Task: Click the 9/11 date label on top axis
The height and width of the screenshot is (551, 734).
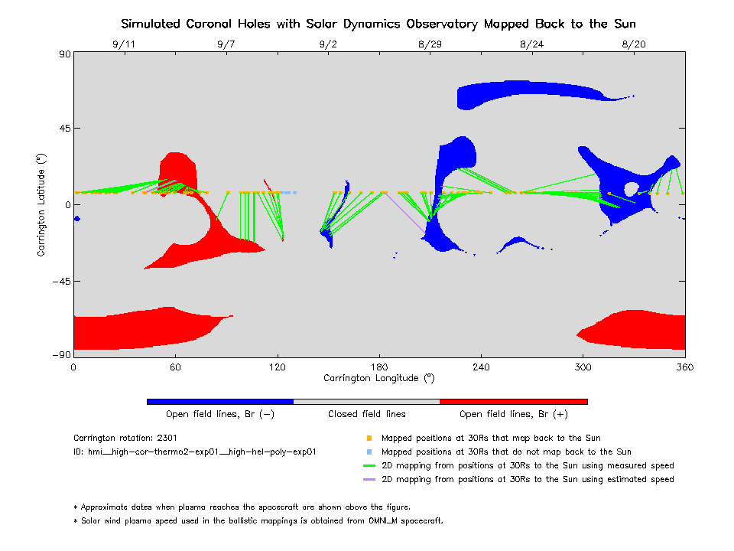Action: click(x=123, y=44)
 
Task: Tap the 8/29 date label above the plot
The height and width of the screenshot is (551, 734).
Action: click(x=430, y=44)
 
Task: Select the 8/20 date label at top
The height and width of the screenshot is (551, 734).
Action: click(x=634, y=44)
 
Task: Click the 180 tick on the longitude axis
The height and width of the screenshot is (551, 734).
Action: click(x=379, y=367)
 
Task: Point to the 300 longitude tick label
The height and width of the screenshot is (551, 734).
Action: click(x=583, y=367)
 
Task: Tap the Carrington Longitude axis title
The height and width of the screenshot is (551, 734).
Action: click(x=379, y=378)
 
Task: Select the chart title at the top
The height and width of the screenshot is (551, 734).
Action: click(x=379, y=24)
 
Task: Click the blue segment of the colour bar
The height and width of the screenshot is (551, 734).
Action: click(x=220, y=401)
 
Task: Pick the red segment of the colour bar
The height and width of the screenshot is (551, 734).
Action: click(x=513, y=401)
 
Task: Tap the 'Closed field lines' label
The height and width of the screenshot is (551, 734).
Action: click(x=367, y=414)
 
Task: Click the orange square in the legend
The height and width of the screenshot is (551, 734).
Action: click(x=369, y=439)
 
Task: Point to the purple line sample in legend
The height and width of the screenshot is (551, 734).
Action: click(x=369, y=480)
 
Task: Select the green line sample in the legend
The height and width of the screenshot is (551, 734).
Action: click(x=369, y=466)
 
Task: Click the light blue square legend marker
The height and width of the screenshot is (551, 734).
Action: click(x=369, y=452)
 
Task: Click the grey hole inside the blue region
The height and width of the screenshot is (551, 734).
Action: click(x=632, y=188)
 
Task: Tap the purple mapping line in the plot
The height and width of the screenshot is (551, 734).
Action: click(x=405, y=215)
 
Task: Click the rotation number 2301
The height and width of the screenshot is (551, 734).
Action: click(x=167, y=439)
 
